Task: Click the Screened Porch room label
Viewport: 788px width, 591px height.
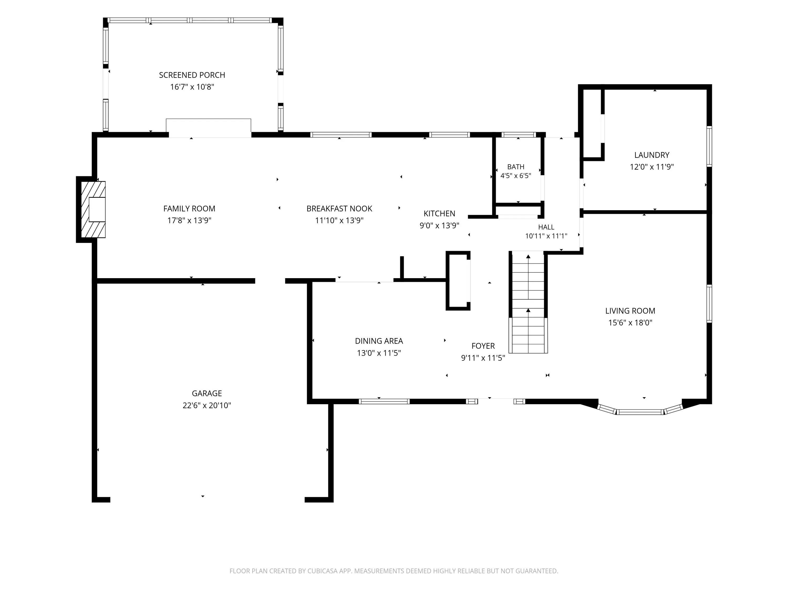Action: coord(192,75)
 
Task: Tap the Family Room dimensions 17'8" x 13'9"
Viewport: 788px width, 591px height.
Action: coord(189,221)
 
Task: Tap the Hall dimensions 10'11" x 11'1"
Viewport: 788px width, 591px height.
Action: coord(546,236)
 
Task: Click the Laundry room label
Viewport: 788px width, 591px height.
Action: coord(652,155)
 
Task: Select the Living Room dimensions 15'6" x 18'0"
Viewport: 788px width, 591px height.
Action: coord(630,323)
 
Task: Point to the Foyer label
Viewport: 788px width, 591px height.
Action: coord(483,346)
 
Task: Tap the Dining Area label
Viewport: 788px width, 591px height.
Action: coord(379,341)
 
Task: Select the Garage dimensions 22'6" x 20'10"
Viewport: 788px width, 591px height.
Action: coord(207,405)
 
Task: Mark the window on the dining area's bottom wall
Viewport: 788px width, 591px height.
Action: coord(384,401)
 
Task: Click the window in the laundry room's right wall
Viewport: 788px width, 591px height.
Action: coord(709,146)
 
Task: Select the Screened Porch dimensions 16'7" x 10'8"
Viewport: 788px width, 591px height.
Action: coord(192,87)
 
